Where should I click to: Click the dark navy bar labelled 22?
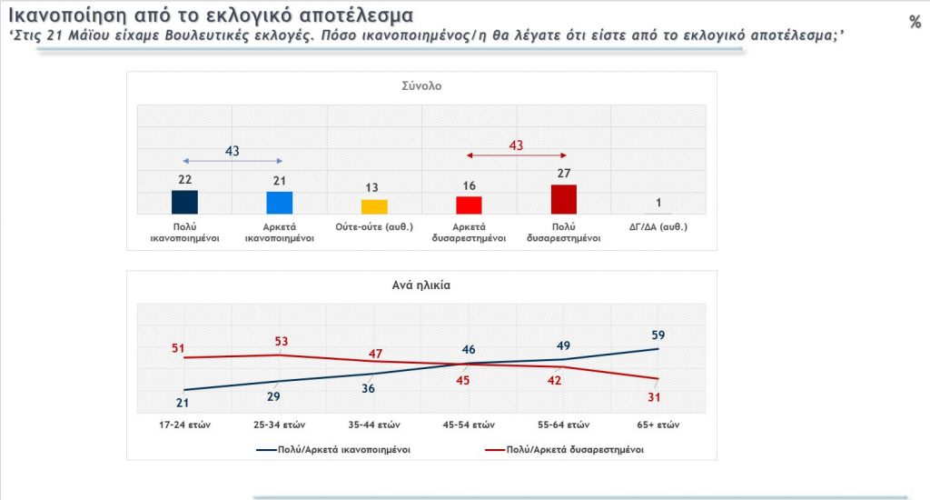coord(184,202)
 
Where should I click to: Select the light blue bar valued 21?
coord(280,203)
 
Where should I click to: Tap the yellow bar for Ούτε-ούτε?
coord(374,206)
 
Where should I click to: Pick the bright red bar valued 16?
coord(469,205)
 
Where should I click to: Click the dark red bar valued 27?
coord(564,199)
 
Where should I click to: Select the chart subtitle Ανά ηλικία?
coord(421,284)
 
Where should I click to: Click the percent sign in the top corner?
coord(915,23)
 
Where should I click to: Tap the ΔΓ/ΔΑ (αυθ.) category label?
coord(658,227)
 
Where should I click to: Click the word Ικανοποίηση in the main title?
coord(54,16)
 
